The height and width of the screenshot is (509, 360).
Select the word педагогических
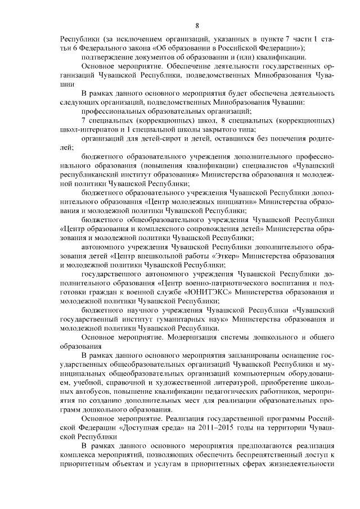coord(223,390)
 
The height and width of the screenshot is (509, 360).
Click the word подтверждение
coord(109,58)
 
